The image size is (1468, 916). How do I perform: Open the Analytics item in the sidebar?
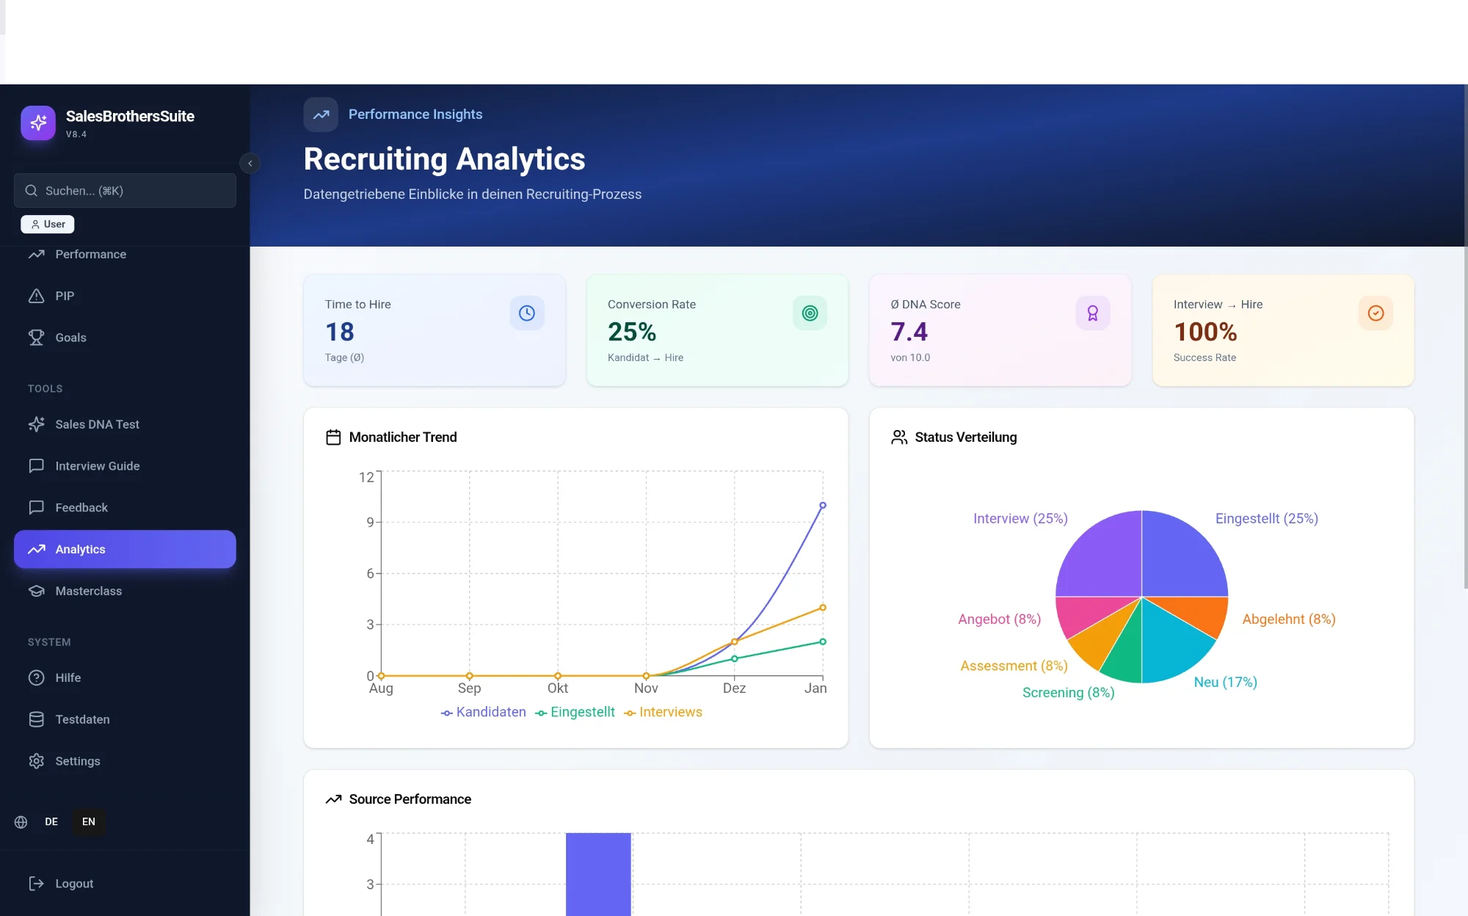click(124, 549)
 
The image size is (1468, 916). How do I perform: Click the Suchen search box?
click(125, 191)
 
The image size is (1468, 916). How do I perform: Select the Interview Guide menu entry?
click(97, 466)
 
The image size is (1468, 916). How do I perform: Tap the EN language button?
click(89, 821)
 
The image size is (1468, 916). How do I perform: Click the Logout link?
click(73, 884)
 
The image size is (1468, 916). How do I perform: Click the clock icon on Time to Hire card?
click(526, 313)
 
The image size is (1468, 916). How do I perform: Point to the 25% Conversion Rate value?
click(631, 332)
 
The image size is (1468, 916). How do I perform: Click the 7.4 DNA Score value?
click(909, 332)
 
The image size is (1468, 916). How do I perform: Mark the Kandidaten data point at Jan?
click(823, 506)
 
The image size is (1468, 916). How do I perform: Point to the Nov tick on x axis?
click(646, 688)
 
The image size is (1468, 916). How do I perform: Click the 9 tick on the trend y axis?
click(371, 522)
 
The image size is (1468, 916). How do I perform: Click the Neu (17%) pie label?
click(1225, 682)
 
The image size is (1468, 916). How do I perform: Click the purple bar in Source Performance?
click(598, 873)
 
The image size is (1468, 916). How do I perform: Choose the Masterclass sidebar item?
click(88, 591)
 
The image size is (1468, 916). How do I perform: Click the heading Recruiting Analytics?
click(444, 159)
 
